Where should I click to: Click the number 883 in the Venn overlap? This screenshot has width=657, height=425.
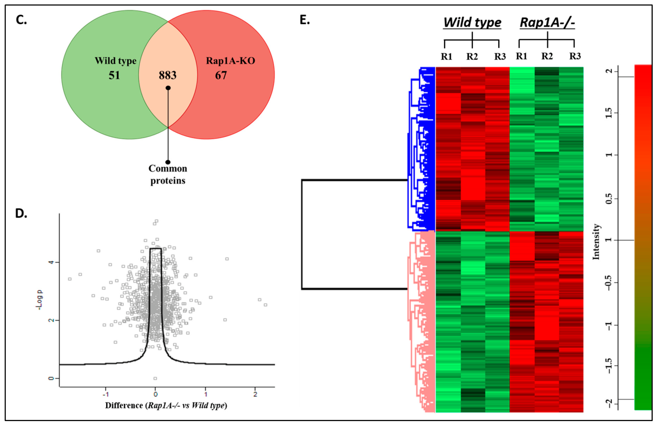coord(167,75)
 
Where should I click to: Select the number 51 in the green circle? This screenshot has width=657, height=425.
coord(114,75)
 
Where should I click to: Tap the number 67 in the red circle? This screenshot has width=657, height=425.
coord(221,75)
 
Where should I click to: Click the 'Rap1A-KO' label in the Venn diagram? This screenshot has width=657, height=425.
coord(230,61)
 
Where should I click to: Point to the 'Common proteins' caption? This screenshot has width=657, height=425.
coord(168,175)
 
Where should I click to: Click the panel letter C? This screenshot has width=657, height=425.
coord(21,20)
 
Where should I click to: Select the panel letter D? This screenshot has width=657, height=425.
coord(21,214)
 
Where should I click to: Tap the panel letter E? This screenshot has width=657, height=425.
coord(305,20)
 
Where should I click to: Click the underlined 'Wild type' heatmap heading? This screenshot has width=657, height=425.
coord(472,23)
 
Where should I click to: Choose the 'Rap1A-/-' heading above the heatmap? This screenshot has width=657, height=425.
coord(547,23)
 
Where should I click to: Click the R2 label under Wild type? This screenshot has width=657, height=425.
coord(472,56)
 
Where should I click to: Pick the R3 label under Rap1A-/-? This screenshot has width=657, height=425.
coord(575,56)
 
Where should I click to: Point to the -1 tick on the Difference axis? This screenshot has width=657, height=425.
coord(106,394)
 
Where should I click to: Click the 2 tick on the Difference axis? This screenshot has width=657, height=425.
coord(255,394)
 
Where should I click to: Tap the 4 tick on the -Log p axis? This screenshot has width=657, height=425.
coord(52,262)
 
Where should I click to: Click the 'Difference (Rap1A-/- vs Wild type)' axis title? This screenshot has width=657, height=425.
coord(166,405)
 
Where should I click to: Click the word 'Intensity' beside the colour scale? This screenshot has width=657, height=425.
coord(596,242)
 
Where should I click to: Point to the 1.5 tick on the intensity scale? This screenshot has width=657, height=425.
coord(609,113)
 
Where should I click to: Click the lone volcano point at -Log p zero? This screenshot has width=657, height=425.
coord(155,378)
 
